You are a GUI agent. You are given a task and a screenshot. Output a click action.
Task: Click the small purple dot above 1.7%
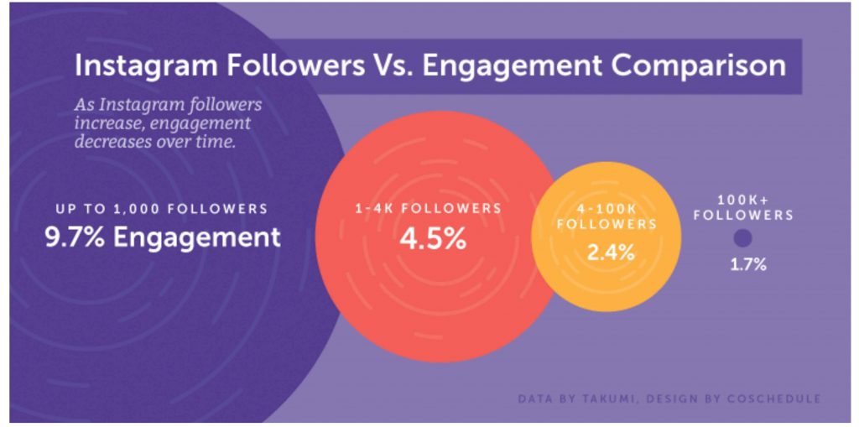click(x=742, y=238)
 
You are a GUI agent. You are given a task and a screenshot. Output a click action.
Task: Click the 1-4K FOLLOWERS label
click(x=426, y=207)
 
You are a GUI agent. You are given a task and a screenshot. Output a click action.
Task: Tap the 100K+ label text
click(x=737, y=200)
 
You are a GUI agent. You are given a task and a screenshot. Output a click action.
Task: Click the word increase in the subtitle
click(x=106, y=123)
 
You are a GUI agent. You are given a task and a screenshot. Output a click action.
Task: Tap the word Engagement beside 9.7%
click(x=196, y=237)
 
